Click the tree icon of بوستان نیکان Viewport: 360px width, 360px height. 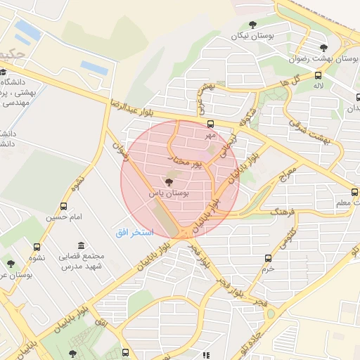(252, 25)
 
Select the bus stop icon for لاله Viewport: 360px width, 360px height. (319, 75)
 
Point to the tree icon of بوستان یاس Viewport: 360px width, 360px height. (168, 182)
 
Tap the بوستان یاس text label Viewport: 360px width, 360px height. (168, 192)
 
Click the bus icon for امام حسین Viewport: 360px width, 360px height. (64, 207)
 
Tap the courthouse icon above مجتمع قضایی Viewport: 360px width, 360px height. (82, 246)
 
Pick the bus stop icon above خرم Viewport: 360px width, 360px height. (267, 258)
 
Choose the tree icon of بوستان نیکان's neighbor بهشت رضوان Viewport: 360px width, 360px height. (323, 48)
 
